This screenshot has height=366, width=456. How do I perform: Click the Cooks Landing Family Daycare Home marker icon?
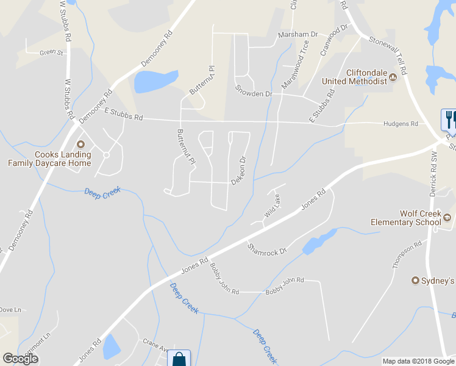80,145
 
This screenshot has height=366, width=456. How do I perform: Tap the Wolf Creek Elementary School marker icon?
447,217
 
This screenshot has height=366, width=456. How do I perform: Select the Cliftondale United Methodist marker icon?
393,77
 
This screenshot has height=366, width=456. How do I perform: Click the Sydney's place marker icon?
416,281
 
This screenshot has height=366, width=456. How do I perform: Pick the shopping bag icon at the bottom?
180,359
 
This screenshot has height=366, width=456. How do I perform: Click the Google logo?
20,359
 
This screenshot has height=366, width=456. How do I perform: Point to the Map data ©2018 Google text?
418,361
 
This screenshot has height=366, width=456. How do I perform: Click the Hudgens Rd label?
401,124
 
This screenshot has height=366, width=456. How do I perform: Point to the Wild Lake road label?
272,206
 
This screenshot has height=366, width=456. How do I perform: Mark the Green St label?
51,53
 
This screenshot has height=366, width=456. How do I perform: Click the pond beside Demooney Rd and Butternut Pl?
155,81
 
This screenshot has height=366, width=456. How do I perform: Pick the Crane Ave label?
155,342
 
